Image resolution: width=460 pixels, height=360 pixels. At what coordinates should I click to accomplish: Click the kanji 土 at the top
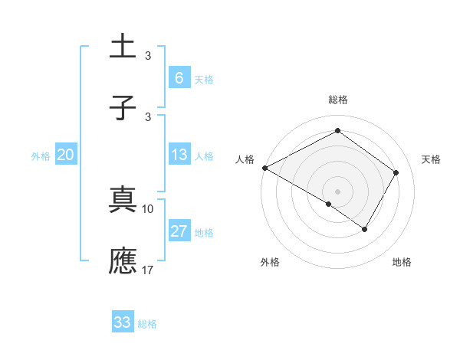(123, 47)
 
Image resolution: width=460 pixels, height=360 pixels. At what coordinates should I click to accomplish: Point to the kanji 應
(123, 260)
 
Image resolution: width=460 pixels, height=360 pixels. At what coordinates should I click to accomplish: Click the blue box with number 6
(179, 77)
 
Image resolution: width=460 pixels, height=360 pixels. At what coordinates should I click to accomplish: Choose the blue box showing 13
(179, 155)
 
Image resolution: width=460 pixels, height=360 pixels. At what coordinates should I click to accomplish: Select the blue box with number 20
(66, 155)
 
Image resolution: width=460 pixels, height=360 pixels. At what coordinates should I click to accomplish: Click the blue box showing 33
(123, 322)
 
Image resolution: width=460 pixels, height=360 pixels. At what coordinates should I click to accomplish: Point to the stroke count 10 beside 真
(148, 208)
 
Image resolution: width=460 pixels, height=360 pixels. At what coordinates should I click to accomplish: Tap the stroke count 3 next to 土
(148, 55)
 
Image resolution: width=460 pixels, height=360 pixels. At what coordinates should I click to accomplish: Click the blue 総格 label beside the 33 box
(147, 324)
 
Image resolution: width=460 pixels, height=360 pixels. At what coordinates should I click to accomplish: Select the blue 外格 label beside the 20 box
(41, 156)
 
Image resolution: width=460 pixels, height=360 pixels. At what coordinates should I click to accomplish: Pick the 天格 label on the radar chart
(432, 159)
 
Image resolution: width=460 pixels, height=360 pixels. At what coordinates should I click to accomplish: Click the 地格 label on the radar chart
(402, 263)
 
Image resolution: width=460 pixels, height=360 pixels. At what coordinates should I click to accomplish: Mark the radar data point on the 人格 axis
(264, 167)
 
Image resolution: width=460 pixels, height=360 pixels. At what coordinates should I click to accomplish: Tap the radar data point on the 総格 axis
(337, 131)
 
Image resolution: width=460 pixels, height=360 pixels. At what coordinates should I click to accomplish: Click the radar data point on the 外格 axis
(329, 204)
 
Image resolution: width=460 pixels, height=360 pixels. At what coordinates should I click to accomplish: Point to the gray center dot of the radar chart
(337, 191)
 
